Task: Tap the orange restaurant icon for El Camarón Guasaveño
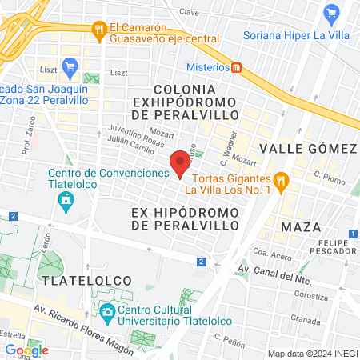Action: click(99, 30)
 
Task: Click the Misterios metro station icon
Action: click(238, 67)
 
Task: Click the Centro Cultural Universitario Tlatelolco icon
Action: click(107, 310)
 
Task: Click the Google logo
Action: click(26, 350)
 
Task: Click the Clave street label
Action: click(190, 13)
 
